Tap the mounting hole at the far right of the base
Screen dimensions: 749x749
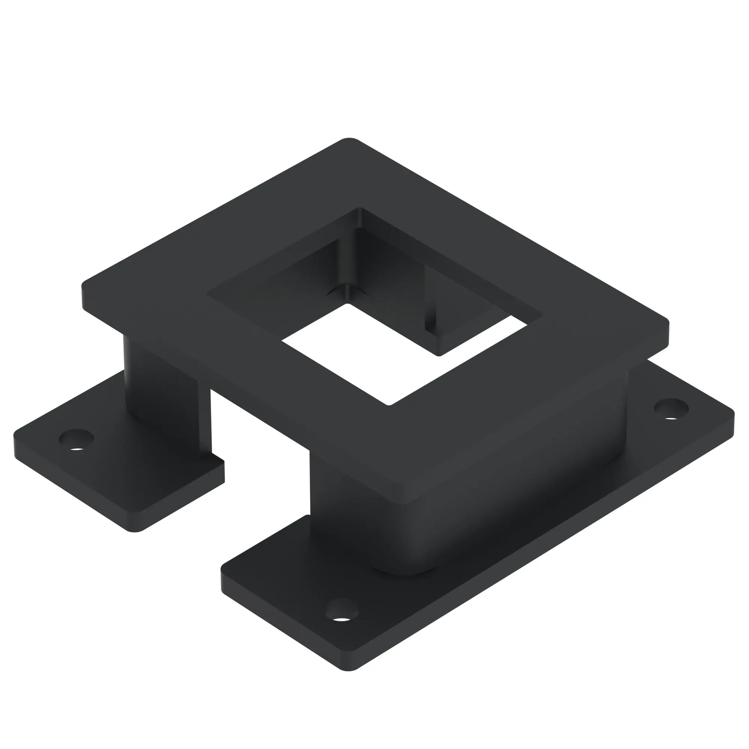[671, 408]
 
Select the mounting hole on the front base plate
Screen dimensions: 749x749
[342, 615]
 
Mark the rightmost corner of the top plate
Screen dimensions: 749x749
[668, 322]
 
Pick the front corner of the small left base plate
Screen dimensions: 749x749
[136, 530]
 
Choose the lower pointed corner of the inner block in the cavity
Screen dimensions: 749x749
[439, 354]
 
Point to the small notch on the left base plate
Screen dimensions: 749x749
[217, 457]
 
